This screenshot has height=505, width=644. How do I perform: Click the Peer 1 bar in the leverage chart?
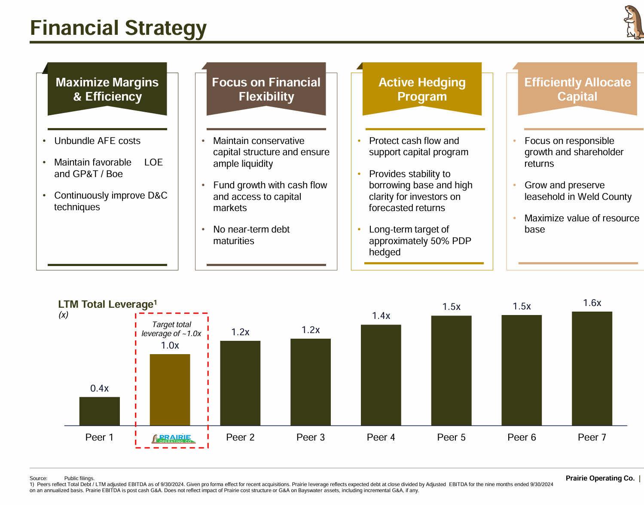99,411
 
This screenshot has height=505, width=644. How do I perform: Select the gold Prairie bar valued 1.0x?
170,389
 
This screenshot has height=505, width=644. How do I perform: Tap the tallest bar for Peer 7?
592,368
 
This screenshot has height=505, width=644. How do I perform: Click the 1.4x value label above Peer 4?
381,316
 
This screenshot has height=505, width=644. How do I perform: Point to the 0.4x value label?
99,389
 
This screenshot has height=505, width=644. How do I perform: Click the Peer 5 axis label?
451,438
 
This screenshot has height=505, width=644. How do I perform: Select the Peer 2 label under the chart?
240,438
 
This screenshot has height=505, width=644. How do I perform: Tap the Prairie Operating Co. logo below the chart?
174,439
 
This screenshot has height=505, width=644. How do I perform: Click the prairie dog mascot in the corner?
633,22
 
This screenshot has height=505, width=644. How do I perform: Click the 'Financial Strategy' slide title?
118,28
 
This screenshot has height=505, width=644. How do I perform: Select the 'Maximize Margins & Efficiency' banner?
107,89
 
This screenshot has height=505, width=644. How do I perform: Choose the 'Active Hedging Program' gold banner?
422,89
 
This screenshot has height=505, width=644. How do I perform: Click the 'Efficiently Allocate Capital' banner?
577,89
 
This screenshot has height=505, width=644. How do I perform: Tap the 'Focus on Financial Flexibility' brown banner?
266,89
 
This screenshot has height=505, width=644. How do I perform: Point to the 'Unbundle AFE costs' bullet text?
97,141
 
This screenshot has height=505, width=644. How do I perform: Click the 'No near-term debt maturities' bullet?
251,235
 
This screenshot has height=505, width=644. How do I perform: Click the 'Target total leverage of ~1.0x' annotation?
171,329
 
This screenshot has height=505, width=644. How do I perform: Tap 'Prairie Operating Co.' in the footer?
600,478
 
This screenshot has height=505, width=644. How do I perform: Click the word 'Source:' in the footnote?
38,478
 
